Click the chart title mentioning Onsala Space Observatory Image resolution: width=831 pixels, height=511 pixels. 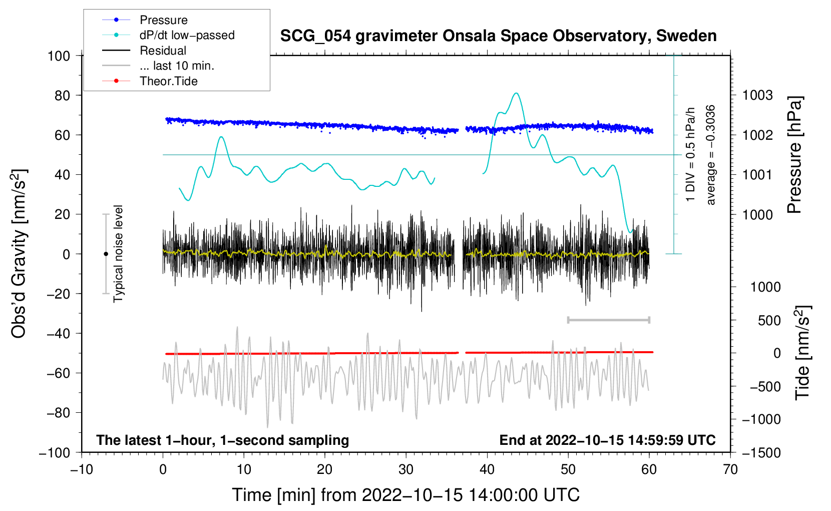pyautogui.click(x=498, y=36)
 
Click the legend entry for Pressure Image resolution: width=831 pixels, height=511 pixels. pyautogui.click(x=163, y=20)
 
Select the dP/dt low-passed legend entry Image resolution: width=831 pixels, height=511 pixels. pyautogui.click(x=187, y=35)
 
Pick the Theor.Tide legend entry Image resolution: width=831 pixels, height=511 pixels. pyautogui.click(x=168, y=81)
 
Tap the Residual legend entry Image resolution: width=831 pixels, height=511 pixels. pyautogui.click(x=163, y=51)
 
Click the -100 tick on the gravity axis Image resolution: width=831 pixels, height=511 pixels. pyautogui.click(x=55, y=452)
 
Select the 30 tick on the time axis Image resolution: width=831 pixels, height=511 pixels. pyautogui.click(x=406, y=469)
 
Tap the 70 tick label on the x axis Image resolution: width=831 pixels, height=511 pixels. pyautogui.click(x=730, y=469)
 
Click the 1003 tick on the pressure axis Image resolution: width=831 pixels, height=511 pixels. pyautogui.click(x=757, y=95)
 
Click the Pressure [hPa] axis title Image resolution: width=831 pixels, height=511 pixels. pyautogui.click(x=794, y=155)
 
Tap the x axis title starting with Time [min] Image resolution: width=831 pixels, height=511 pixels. pyautogui.click(x=406, y=495)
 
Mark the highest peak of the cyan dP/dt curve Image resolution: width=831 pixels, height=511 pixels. pyautogui.click(x=516, y=93)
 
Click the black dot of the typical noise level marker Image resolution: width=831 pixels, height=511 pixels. pyautogui.click(x=106, y=254)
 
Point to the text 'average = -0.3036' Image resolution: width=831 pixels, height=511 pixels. pyautogui.click(x=711, y=155)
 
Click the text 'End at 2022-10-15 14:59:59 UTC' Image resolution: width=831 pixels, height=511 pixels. pyautogui.click(x=607, y=440)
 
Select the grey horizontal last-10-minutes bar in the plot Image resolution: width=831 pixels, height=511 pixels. pyautogui.click(x=608, y=320)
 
